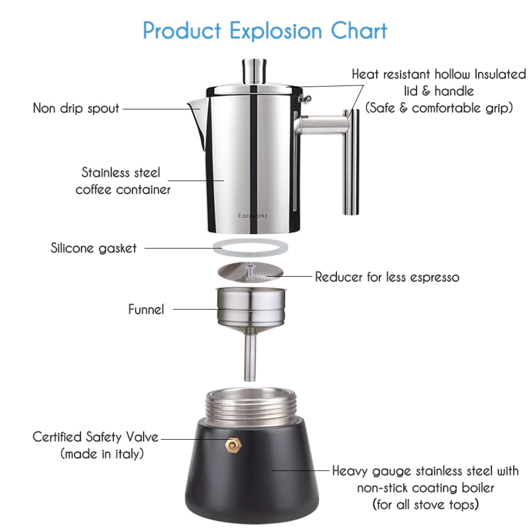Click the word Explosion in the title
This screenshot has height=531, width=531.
pos(276,31)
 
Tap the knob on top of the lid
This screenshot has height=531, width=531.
pos(254,72)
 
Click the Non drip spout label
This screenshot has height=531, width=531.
pos(76,108)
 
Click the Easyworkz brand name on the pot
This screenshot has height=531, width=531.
pos(253,216)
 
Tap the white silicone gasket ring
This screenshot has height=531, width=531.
pos(250,247)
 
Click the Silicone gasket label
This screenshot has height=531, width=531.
pos(93,248)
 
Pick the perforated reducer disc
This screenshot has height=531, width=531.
pos(250,272)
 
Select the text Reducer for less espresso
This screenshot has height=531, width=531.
pos(387,277)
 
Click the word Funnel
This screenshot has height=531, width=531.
pos(146,309)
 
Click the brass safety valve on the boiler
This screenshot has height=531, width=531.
pos(233,445)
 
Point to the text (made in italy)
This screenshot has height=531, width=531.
pos(102,454)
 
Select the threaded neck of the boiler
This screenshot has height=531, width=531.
pos(251,406)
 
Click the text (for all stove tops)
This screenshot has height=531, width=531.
pos(426,504)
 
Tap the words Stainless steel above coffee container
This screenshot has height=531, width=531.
pos(121,173)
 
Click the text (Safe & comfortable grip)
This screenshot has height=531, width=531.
pos(439,108)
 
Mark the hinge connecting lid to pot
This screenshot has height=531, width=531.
pos(304,99)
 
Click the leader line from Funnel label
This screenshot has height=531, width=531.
pos(199,309)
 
